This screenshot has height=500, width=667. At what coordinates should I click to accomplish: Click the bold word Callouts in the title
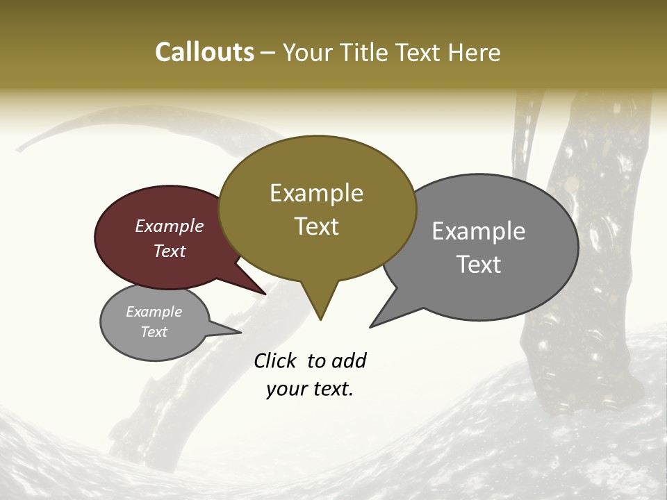pos(204,52)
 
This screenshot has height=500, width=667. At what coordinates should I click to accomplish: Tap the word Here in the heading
pos(473,52)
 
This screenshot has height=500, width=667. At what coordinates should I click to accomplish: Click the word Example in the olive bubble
pos(316,193)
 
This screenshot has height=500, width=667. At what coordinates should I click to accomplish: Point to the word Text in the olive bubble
pos(316,226)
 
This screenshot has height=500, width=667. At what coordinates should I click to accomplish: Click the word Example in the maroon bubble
pos(170,226)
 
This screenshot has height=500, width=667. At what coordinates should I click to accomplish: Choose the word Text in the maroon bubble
pos(170,251)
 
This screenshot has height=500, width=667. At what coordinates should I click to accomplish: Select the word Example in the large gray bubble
pos(479,231)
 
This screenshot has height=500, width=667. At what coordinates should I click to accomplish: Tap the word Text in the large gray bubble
pos(479,265)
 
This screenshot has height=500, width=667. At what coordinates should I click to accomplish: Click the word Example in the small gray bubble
pos(154,312)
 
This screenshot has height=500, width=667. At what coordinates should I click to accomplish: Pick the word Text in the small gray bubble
pos(154,332)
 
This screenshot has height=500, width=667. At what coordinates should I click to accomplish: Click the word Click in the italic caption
pos(277,361)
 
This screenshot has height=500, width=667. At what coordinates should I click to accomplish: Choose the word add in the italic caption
pos(349,361)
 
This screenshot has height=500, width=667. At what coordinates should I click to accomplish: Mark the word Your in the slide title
pos(308,52)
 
